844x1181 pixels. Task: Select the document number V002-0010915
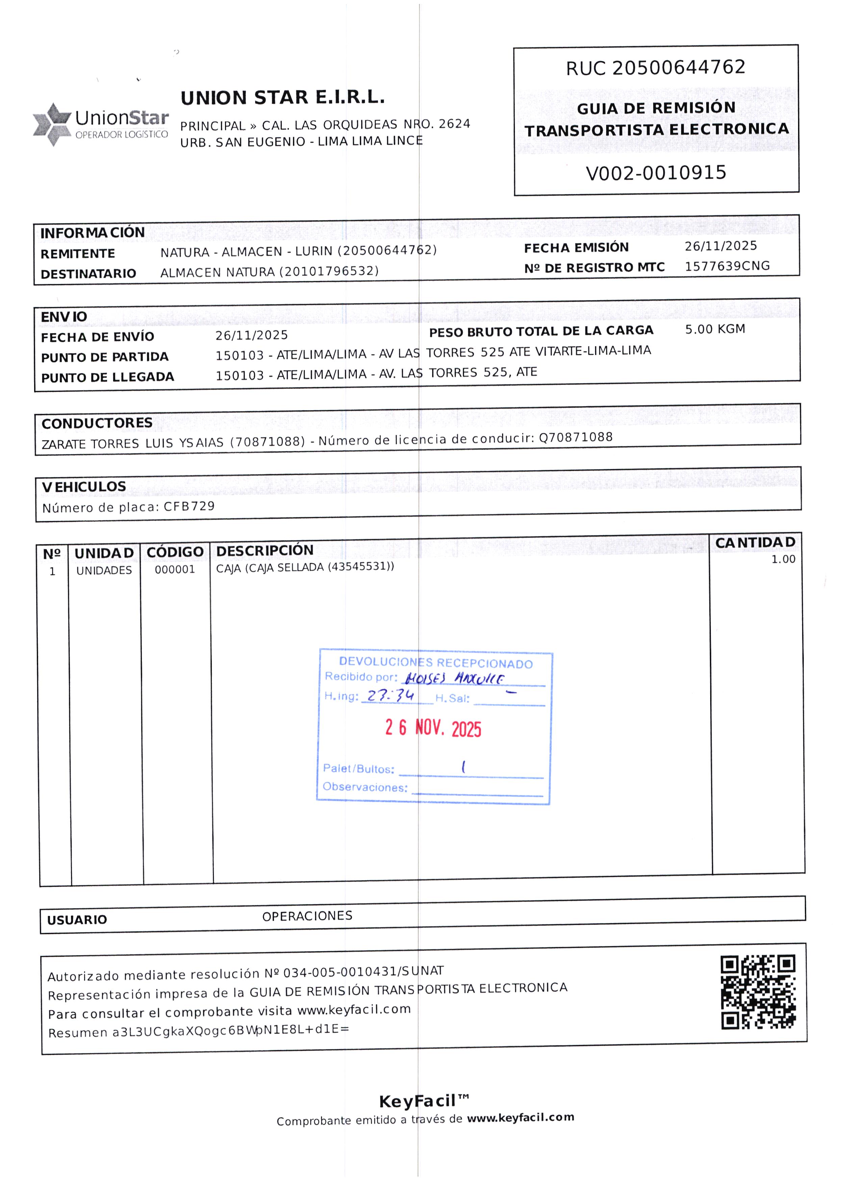[x=656, y=173]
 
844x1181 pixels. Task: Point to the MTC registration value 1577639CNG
[x=727, y=266]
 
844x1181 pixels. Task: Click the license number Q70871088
[x=575, y=437]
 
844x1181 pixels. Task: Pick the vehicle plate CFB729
[x=189, y=506]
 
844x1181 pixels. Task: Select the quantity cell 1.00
[x=783, y=559]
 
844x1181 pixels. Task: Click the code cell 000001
[x=175, y=570]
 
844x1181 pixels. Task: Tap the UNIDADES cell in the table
[x=104, y=571]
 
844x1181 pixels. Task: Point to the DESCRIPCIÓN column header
[x=265, y=551]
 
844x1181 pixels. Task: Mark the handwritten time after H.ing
[x=390, y=696]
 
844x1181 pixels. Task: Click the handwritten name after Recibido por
[x=454, y=678]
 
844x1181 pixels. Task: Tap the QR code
[x=758, y=993]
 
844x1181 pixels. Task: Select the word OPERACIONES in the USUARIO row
[x=307, y=916]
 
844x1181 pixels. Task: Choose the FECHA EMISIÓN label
[x=576, y=248]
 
